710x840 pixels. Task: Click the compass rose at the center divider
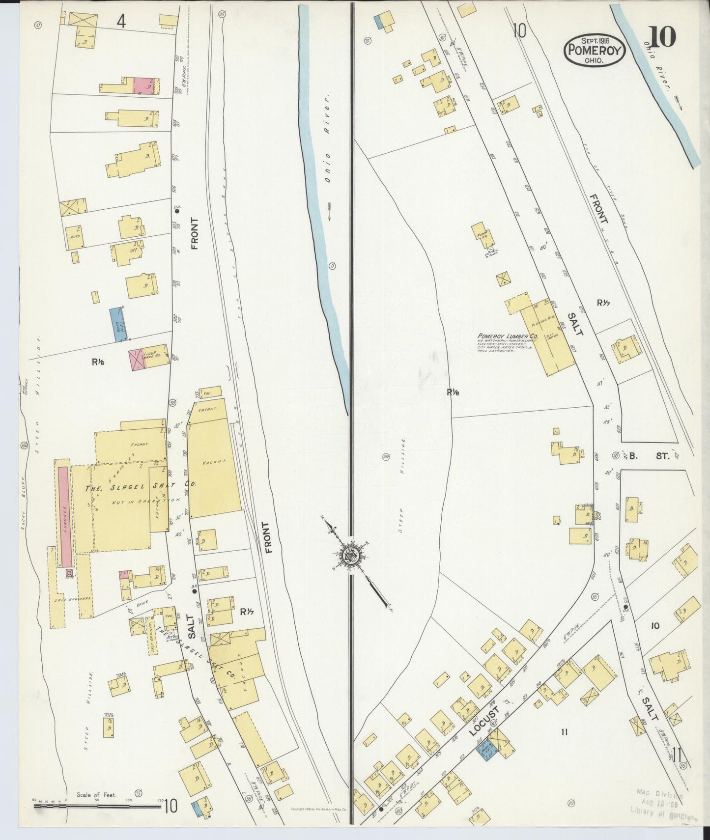pyautogui.click(x=352, y=553)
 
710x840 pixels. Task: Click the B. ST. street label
pyautogui.click(x=649, y=456)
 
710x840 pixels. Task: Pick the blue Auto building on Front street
pyautogui.click(x=117, y=324)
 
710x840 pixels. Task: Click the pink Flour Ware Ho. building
pyautogui.click(x=136, y=360)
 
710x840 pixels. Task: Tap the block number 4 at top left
pyautogui.click(x=121, y=22)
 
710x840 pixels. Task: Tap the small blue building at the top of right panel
pyautogui.click(x=379, y=21)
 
